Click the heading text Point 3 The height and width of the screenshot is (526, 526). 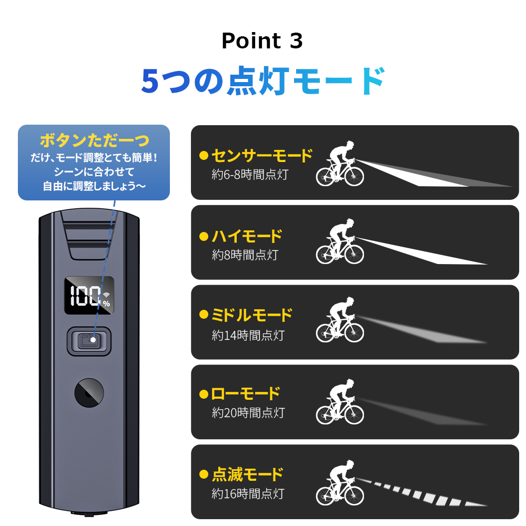262,41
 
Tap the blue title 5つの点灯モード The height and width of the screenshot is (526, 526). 263,80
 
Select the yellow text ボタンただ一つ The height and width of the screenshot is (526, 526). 94,140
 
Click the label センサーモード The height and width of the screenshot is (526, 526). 261,156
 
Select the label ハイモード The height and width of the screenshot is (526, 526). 246,236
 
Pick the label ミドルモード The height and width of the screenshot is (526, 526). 251,315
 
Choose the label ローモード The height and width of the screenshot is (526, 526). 245,393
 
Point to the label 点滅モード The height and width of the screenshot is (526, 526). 247,474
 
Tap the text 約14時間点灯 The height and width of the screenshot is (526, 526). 248,335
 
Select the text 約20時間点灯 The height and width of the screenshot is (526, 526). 248,413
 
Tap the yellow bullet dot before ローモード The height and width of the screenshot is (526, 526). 204,394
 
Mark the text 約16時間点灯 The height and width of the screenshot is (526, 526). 248,494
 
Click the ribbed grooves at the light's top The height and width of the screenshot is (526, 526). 89,235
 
